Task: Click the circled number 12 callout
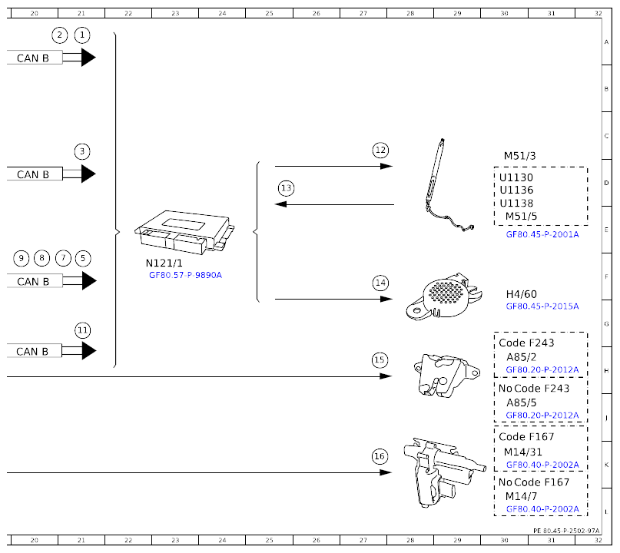tap(380, 151)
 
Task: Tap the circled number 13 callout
tap(287, 188)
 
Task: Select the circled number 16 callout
tap(380, 456)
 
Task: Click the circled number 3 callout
tap(82, 151)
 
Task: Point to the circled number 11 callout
tap(83, 330)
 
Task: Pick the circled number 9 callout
tap(22, 259)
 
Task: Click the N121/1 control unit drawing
tap(184, 233)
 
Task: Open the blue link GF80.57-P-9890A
tap(185, 275)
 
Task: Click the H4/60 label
tap(521, 294)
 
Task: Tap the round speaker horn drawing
tap(443, 296)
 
